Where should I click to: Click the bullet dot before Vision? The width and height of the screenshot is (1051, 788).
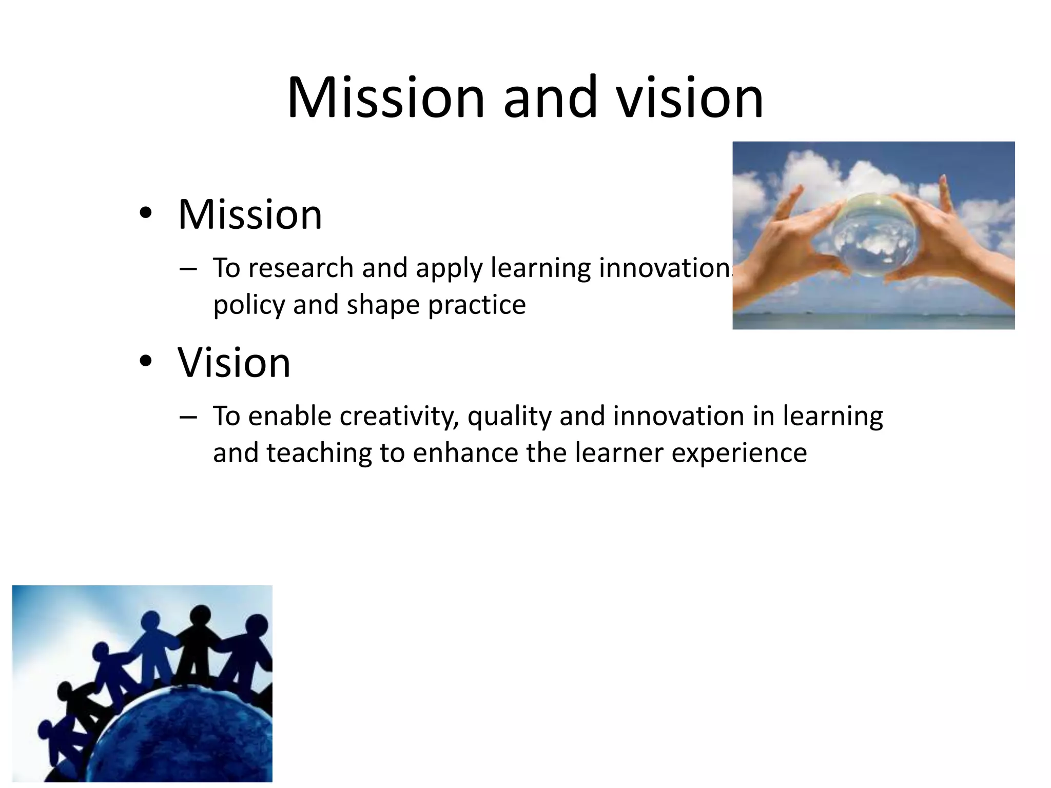coord(146,361)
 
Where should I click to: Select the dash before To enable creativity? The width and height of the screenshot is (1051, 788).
coord(188,417)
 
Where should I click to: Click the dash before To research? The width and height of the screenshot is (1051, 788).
coord(188,269)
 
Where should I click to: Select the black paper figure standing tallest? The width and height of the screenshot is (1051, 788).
coord(200,646)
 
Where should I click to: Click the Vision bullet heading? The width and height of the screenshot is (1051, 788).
coord(234,362)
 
